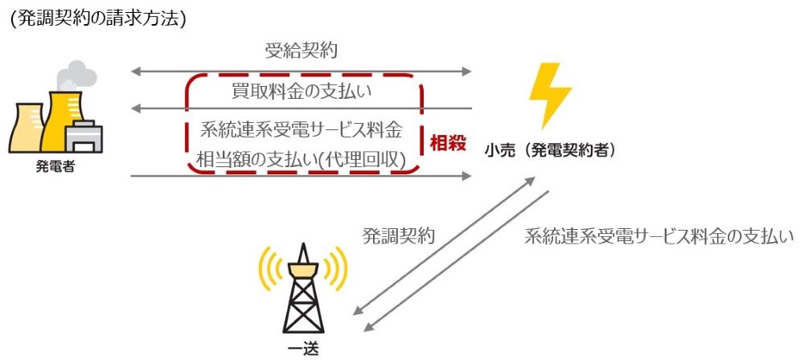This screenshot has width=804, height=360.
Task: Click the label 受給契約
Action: pyautogui.click(x=301, y=51)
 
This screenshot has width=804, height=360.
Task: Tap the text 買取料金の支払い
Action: pyautogui.click(x=301, y=94)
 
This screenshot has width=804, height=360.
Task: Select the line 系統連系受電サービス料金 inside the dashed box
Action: pyautogui.click(x=301, y=130)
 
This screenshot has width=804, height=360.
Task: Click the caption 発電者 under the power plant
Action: pyautogui.click(x=55, y=167)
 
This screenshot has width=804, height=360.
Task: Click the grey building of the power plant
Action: pyautogui.click(x=84, y=137)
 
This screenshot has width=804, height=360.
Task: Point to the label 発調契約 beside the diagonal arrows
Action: pyautogui.click(x=399, y=235)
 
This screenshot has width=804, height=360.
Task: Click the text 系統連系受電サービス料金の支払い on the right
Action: pyautogui.click(x=659, y=236)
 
